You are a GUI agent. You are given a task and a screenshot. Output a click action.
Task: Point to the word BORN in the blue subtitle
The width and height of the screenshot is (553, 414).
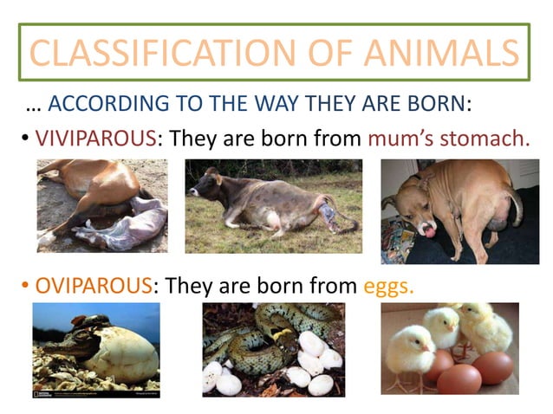pyautogui.click(x=428, y=104)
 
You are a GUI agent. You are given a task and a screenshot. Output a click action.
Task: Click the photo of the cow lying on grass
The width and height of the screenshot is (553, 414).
pyautogui.click(x=273, y=206)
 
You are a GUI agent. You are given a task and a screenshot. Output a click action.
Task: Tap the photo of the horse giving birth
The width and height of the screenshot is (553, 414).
pyautogui.click(x=101, y=206)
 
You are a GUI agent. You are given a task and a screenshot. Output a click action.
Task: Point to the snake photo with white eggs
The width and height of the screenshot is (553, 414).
pyautogui.click(x=273, y=350)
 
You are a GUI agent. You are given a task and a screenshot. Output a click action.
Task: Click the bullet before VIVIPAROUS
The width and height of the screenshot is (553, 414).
pyautogui.click(x=26, y=139)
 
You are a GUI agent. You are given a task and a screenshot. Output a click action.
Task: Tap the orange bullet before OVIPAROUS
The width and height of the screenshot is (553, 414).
pyautogui.click(x=26, y=286)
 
